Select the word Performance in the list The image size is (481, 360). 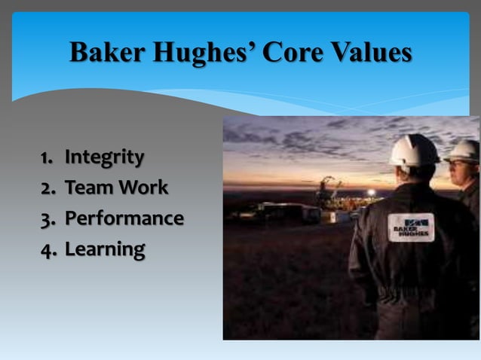(x=124, y=219)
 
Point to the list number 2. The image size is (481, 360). (x=47, y=188)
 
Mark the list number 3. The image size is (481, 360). (x=47, y=219)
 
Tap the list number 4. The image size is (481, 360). (x=47, y=249)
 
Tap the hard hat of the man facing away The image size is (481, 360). (x=413, y=150)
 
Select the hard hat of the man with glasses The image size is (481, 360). (x=463, y=151)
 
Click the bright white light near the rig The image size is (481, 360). (x=370, y=193)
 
